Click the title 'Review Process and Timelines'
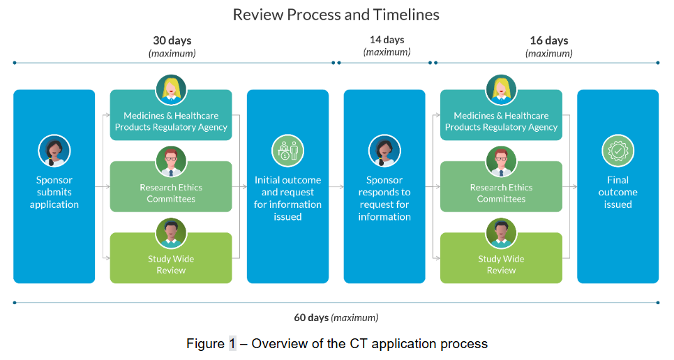(336, 15)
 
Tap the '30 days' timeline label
(172, 40)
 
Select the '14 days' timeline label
(387, 40)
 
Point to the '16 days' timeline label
(549, 40)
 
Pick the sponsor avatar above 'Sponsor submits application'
(54, 151)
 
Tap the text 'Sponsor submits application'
(54, 192)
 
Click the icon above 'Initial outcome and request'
(287, 151)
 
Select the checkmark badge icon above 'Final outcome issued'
(617, 151)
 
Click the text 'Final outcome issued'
(617, 192)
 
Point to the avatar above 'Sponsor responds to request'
(384, 151)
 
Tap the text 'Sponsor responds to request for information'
(384, 198)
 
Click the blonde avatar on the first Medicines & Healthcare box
(171, 90)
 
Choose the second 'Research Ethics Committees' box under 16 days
(501, 186)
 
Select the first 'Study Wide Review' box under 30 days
(171, 257)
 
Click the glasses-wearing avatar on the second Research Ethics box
(501, 162)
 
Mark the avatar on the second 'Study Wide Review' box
(501, 233)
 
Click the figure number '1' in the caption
(232, 344)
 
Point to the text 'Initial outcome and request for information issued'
(287, 198)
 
